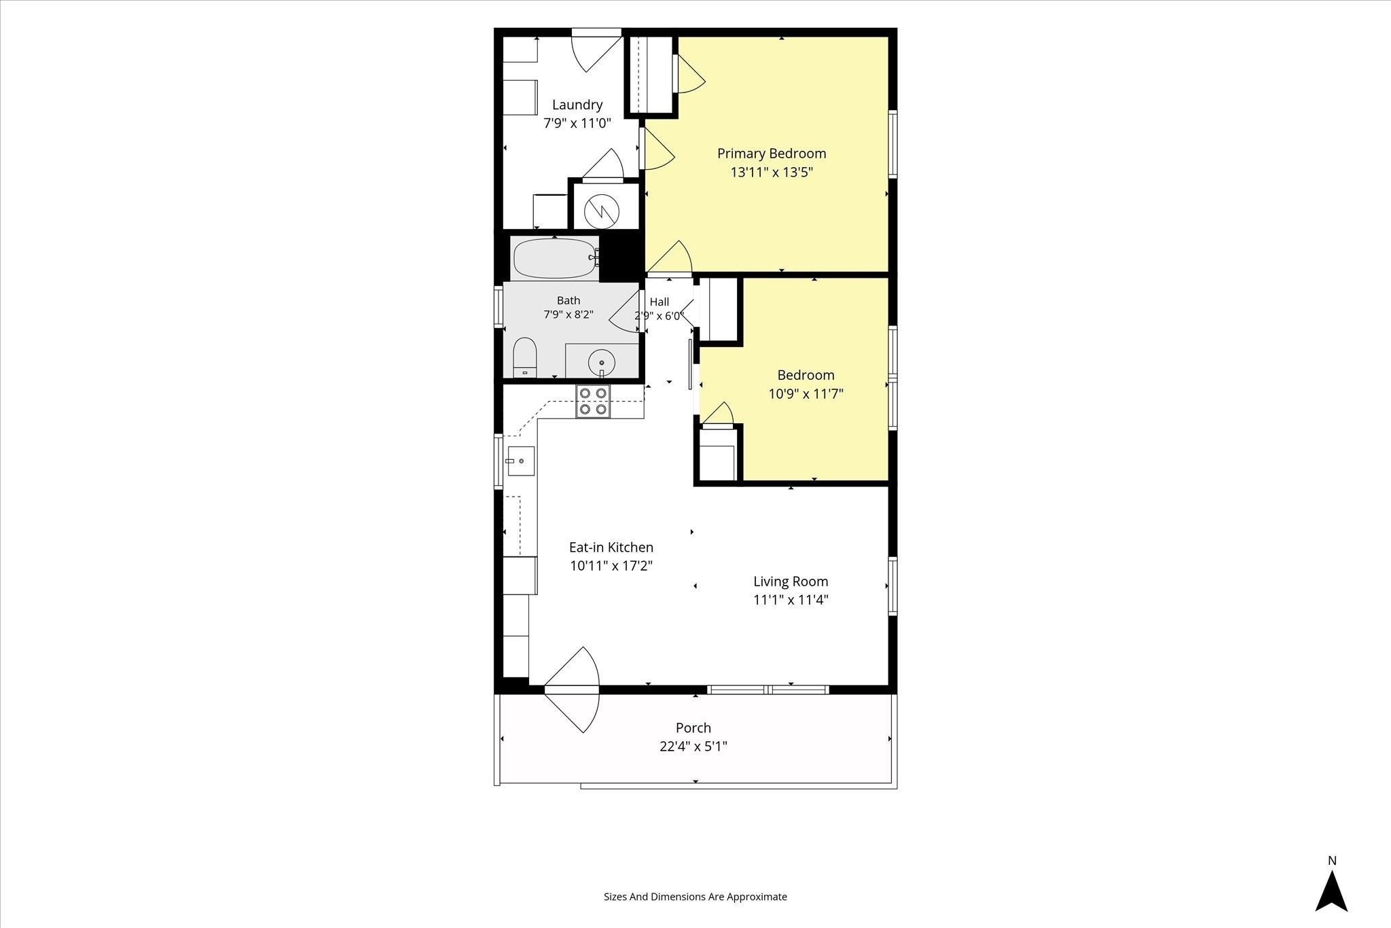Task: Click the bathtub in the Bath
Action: (x=556, y=258)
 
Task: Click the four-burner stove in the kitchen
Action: (x=593, y=401)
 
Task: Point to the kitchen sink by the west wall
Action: (x=520, y=461)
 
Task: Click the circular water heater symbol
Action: (x=602, y=211)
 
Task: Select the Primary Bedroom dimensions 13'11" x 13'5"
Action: (x=772, y=172)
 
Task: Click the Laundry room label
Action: (x=577, y=105)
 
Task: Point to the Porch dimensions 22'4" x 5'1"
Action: (x=693, y=747)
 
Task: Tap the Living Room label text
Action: (x=791, y=582)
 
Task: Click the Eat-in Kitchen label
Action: (x=611, y=547)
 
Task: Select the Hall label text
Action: (x=660, y=302)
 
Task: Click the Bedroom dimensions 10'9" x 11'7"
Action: (x=806, y=393)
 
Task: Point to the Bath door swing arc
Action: (x=625, y=311)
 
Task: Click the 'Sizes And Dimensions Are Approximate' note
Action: (x=695, y=897)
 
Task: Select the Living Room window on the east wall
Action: (x=892, y=586)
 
